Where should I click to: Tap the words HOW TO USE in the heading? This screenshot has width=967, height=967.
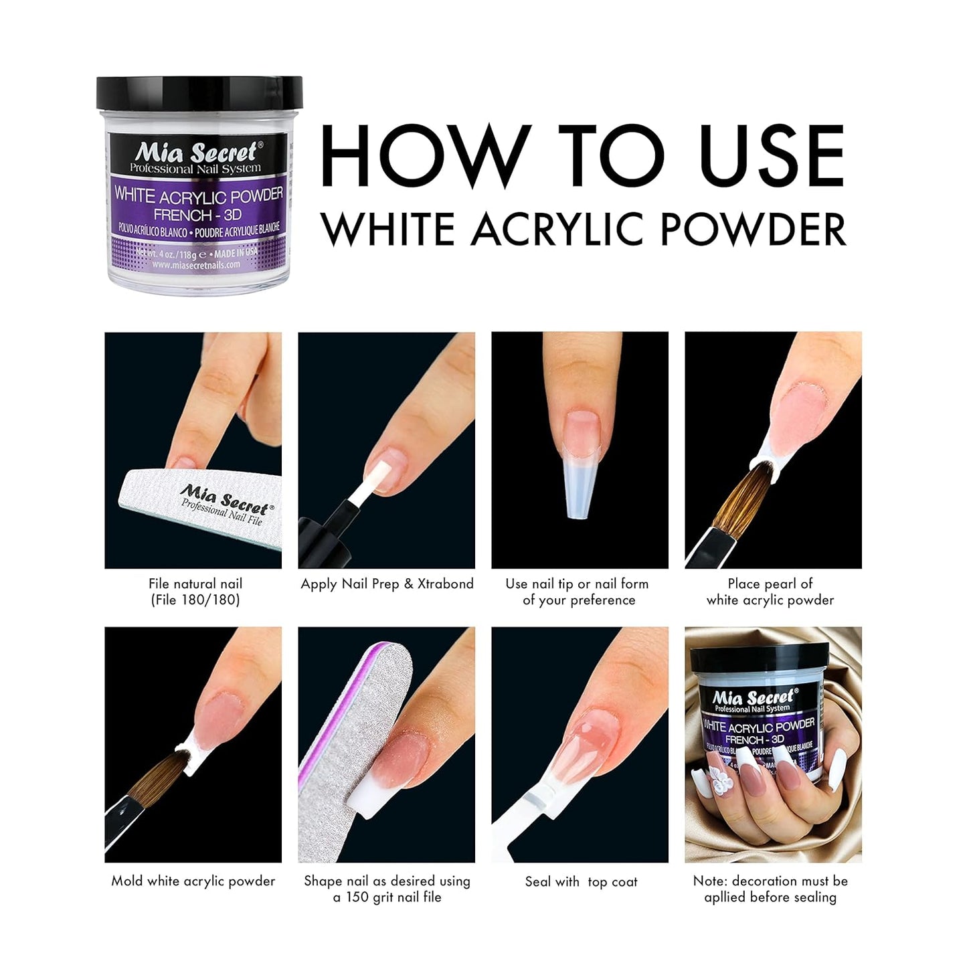[582, 157]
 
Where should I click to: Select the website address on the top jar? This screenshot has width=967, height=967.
[195, 265]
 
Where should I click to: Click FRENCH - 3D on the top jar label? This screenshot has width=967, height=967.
[197, 215]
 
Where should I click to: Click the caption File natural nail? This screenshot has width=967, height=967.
[195, 584]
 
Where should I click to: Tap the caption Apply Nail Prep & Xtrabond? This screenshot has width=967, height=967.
[387, 584]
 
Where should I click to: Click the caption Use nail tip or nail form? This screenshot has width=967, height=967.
[577, 584]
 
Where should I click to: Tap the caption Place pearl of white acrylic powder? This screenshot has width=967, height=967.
[770, 592]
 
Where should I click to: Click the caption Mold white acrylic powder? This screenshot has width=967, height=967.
[193, 881]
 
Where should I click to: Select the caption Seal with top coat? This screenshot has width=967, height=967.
[581, 881]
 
